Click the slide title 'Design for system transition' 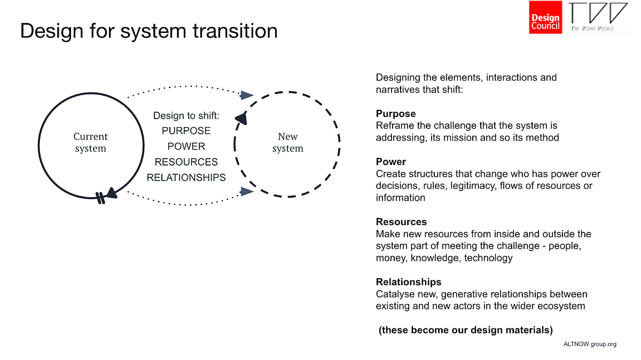point(148,30)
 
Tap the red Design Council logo point(545,18)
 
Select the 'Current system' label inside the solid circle point(90,143)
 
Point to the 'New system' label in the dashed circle point(287,143)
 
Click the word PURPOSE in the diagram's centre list point(186,131)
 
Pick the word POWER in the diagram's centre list point(186,146)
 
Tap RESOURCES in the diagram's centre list point(186,162)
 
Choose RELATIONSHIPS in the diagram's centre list point(186,177)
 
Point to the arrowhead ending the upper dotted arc point(246,95)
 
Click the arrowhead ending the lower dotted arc point(246,191)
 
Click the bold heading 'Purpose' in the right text point(395,114)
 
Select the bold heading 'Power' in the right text point(391,161)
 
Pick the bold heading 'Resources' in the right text point(401,222)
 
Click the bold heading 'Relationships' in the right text point(409,281)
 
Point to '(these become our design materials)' point(465,330)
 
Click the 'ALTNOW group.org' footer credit point(590,344)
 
